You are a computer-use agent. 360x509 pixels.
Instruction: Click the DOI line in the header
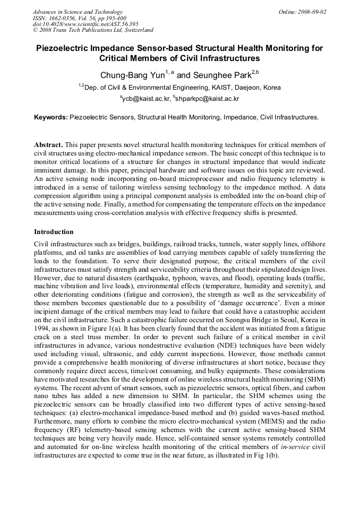coord(85,24)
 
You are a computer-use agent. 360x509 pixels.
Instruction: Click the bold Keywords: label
coord(51,117)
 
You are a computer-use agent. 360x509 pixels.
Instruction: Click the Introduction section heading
coord(54,232)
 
